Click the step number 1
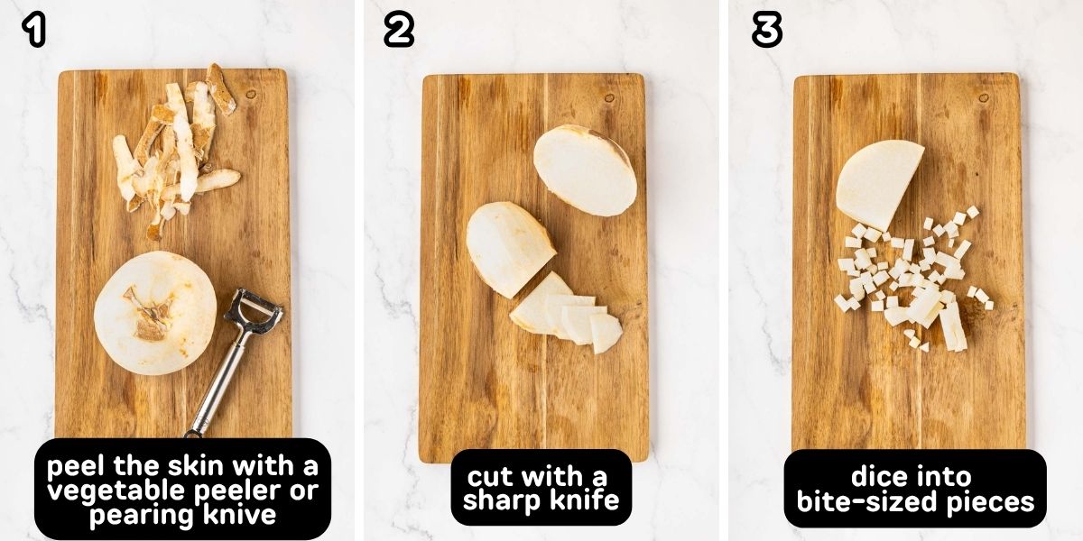[33, 31]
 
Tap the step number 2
[398, 31]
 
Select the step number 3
[766, 31]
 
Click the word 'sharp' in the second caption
[507, 502]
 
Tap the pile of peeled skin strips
[176, 149]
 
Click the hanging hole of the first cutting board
[250, 94]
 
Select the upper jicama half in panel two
[585, 169]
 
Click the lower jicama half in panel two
[509, 248]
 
